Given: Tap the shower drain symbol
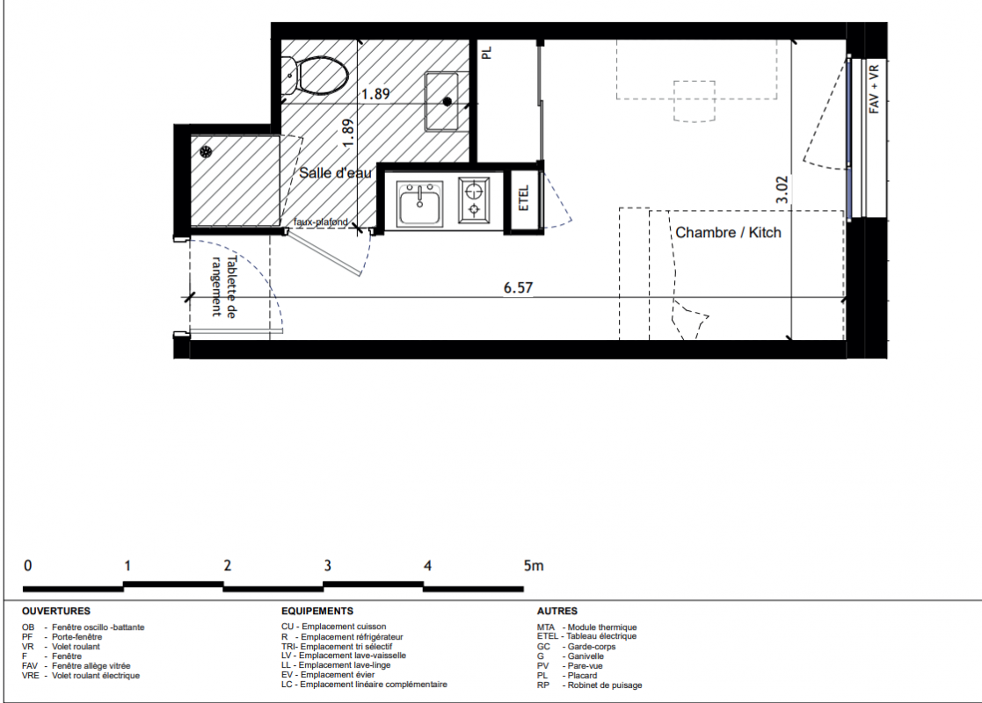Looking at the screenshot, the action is (206, 151).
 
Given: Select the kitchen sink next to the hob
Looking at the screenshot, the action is (420, 204).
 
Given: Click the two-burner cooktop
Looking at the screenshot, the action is (474, 199).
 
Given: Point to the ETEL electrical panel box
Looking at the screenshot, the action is (524, 199).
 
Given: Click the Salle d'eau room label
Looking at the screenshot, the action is (335, 173).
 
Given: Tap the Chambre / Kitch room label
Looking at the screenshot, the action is (728, 232).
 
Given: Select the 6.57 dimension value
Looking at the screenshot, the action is (519, 287).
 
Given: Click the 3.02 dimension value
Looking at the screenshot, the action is (782, 189).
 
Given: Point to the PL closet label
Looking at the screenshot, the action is (487, 53).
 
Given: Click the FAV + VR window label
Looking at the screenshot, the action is (874, 89).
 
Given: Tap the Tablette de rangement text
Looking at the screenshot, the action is (223, 286).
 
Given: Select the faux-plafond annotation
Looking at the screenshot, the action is (321, 221).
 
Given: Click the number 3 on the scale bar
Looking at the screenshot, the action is (328, 565).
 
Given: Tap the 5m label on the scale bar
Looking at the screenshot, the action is (534, 565).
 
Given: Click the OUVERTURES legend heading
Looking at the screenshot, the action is (55, 611).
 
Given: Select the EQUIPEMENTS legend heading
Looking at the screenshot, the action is (316, 611).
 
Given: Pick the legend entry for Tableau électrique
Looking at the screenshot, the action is (586, 636).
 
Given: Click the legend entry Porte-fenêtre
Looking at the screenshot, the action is (62, 636).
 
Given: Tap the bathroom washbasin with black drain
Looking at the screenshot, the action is (442, 101).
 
